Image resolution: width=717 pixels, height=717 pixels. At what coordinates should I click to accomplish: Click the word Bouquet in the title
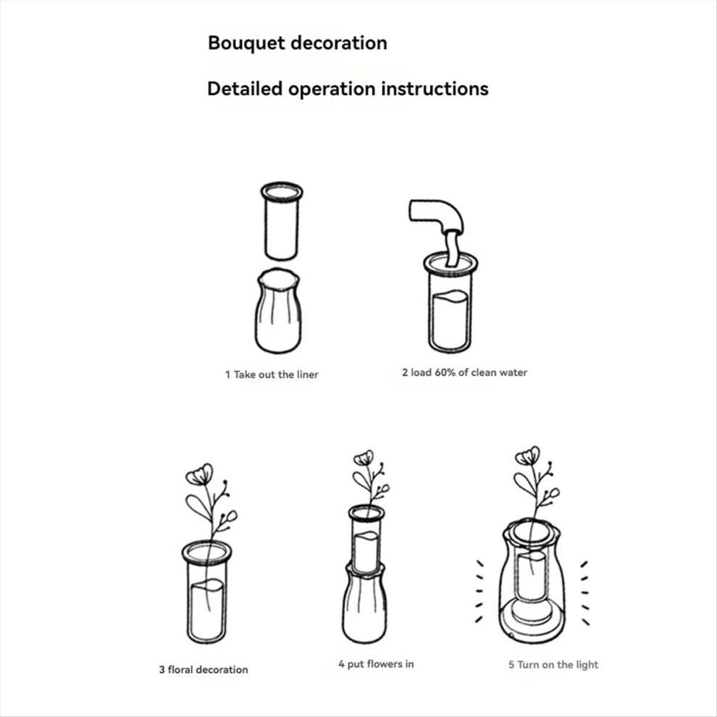[x=247, y=43]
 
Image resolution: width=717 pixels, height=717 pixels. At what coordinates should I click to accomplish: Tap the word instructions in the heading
[x=435, y=88]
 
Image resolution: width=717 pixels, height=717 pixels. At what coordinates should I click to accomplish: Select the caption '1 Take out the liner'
[x=272, y=374]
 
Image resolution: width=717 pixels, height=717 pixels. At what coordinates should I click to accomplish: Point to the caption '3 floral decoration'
[x=204, y=669]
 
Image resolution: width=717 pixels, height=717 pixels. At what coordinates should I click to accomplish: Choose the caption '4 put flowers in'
[x=376, y=664]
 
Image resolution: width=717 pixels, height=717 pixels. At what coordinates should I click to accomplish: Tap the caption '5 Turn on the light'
[x=553, y=664]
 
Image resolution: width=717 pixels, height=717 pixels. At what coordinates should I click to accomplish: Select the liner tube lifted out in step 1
[x=282, y=221]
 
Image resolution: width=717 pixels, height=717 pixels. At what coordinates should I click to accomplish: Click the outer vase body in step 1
[x=278, y=311]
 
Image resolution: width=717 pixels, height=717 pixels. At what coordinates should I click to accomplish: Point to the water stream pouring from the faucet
[x=452, y=248]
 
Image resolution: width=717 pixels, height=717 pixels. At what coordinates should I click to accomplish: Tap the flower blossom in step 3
[x=200, y=474]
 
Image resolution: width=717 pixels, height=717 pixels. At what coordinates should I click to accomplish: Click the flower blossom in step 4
[x=364, y=458]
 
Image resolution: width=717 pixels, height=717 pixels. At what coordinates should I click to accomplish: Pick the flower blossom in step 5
[x=527, y=456]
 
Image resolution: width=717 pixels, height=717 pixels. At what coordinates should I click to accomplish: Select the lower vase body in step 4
[x=364, y=603]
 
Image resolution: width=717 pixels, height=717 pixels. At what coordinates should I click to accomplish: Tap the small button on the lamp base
[x=511, y=635]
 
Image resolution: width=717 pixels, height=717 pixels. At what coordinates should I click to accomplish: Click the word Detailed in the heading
[x=245, y=88]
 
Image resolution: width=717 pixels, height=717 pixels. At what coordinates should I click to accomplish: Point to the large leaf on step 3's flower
[x=198, y=508]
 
